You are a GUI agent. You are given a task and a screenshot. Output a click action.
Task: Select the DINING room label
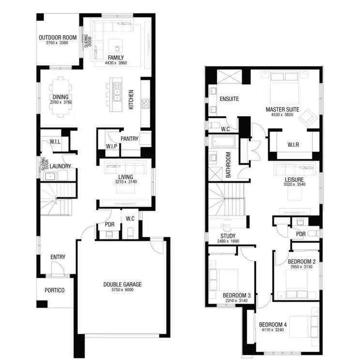tap(60, 97)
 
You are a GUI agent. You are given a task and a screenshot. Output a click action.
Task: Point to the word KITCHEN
tap(131, 100)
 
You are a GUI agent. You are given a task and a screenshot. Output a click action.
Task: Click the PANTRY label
tap(129, 139)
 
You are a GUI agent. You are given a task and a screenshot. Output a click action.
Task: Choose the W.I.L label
tap(54, 142)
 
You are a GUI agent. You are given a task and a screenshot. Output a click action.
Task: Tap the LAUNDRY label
tap(60, 166)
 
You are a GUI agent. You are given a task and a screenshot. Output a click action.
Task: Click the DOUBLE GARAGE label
tap(122, 284)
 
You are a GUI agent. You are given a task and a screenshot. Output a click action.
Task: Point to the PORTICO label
tap(54, 291)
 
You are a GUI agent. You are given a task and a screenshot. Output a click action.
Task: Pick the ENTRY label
tap(58, 257)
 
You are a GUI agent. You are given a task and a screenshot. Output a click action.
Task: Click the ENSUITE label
tap(229, 99)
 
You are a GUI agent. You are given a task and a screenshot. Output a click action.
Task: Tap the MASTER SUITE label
tap(282, 110)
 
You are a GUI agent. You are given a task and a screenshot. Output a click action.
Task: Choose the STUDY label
tap(227, 235)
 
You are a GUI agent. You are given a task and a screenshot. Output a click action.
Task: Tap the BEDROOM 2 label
tap(302, 262)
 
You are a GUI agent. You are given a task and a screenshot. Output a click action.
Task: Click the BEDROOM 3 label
tap(237, 295)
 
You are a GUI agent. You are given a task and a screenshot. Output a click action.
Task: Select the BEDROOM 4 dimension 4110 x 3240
tap(272, 330)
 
